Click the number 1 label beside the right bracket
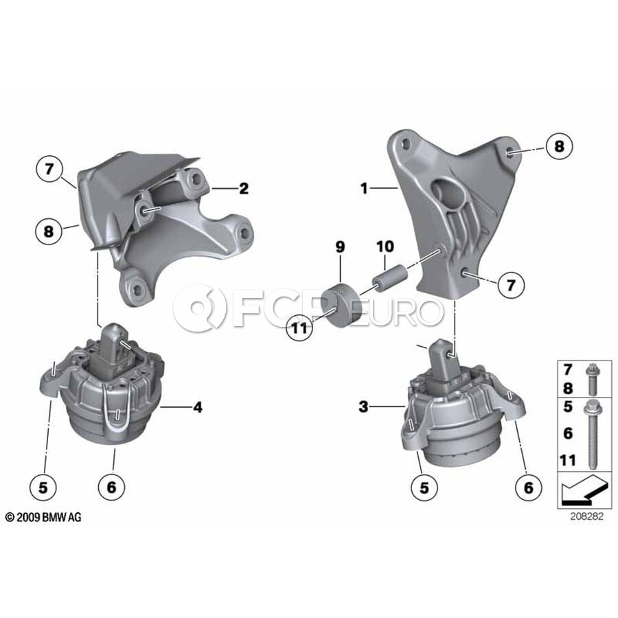point(364,188)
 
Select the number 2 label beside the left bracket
point(244,188)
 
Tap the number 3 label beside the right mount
point(363,407)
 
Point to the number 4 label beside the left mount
point(198,407)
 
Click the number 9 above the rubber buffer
point(340,247)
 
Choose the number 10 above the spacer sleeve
point(385,247)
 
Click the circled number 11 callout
point(300,328)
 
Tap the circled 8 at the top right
point(559,147)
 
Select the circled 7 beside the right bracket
point(511,284)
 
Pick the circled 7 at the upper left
point(49,169)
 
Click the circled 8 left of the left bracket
point(49,231)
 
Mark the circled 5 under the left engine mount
point(43,488)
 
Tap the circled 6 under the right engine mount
point(529,488)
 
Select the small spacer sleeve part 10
point(389,279)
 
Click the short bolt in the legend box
point(591,379)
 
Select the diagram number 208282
point(586,516)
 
